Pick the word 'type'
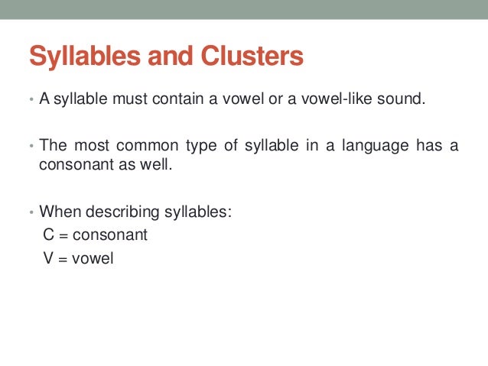[181, 146]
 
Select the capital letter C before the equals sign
[49, 235]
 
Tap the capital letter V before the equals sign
[48, 258]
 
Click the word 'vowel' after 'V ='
[93, 258]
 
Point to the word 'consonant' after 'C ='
[109, 235]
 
